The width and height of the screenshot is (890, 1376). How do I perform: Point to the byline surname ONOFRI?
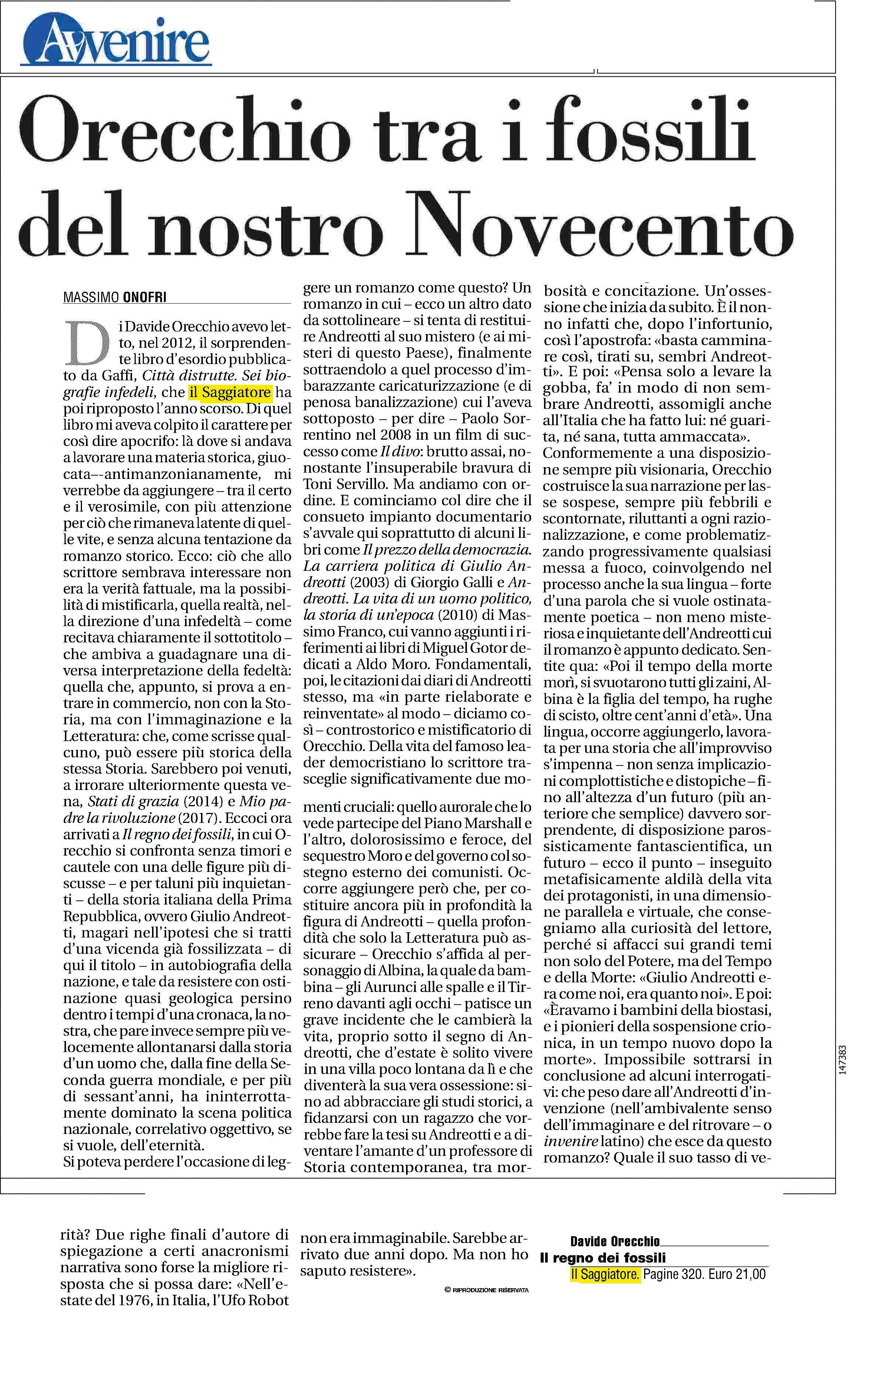145,298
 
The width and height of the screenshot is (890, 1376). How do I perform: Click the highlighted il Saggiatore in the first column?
230,392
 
